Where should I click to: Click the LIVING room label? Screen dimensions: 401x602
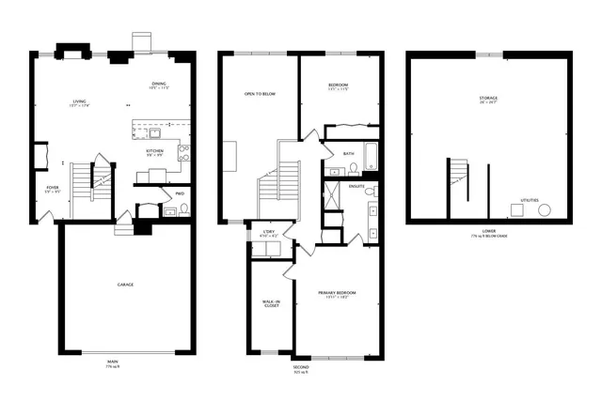[x=78, y=101]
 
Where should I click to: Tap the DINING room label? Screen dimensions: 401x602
[x=159, y=85]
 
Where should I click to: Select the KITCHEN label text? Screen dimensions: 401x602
[x=155, y=150]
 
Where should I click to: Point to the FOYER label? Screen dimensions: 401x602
[x=53, y=188]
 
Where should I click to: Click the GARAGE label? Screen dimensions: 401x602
[x=125, y=285]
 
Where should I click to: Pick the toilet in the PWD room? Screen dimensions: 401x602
[x=184, y=208]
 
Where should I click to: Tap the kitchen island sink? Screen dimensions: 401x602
[x=153, y=133]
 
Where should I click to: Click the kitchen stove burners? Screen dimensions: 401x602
[x=183, y=152]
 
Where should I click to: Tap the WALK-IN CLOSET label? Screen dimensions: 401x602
[x=271, y=303]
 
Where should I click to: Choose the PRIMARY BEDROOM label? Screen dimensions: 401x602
[x=337, y=293]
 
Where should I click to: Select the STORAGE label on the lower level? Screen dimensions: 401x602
[x=488, y=98]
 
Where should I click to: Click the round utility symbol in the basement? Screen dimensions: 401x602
[x=544, y=210]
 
